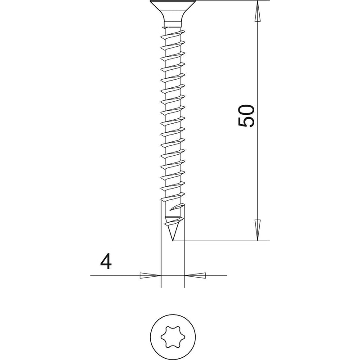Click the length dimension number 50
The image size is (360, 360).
click(247, 116)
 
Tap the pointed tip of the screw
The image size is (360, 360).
click(173, 241)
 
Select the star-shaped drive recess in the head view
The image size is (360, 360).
click(173, 337)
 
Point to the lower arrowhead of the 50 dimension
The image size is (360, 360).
click(258, 230)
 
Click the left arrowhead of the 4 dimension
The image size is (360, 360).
click(150, 275)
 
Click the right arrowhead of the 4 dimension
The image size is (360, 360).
click(195, 275)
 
